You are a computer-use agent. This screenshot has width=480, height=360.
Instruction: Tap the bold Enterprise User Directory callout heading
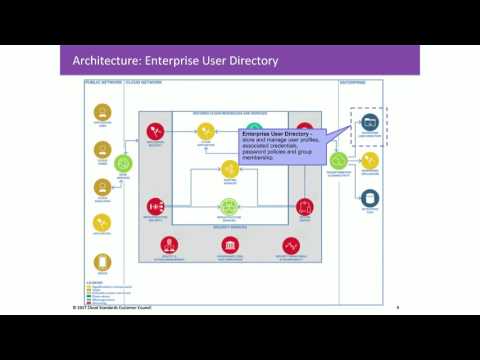point(277,132)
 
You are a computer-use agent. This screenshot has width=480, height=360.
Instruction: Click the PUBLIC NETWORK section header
point(101,82)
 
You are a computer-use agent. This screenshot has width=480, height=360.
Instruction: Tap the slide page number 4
point(398,306)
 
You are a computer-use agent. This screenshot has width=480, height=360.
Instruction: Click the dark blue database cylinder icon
point(370,197)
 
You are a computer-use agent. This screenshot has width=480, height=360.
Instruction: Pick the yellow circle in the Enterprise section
point(370,160)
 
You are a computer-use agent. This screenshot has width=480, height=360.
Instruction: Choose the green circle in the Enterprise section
point(339,160)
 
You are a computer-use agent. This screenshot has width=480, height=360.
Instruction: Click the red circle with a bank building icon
point(229,245)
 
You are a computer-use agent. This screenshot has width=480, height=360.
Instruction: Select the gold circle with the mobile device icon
point(102,262)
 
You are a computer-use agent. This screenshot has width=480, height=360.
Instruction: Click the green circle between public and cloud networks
point(124,162)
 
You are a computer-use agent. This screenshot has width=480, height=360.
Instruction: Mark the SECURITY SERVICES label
point(229,226)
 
